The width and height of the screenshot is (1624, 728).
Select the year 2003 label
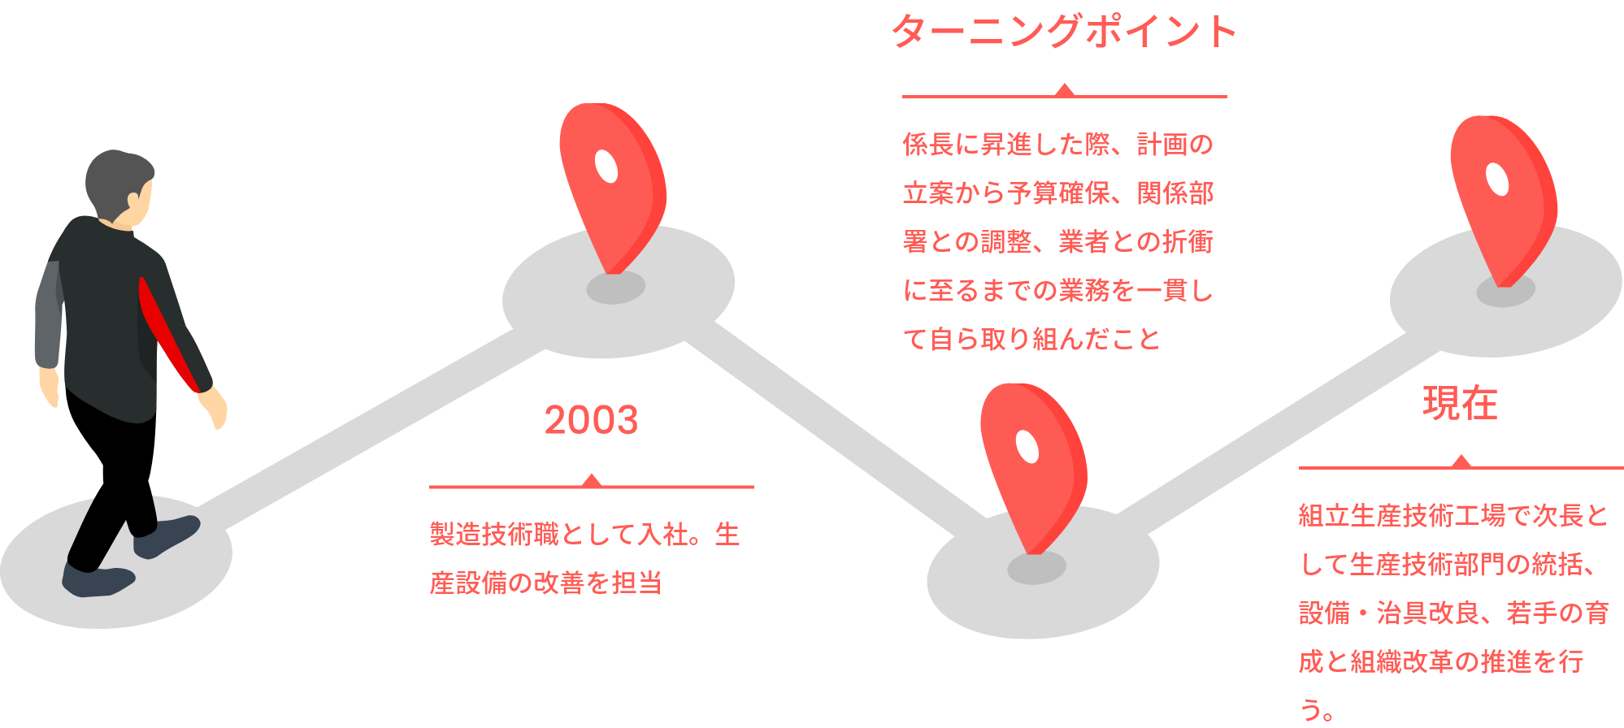click(591, 420)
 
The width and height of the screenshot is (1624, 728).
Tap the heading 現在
click(1460, 403)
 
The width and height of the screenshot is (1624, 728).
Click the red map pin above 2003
click(612, 183)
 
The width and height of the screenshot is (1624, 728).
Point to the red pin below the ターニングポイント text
click(1032, 463)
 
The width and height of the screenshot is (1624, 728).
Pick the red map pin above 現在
click(1503, 195)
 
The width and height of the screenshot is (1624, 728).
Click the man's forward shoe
click(167, 536)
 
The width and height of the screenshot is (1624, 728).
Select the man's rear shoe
click(98, 580)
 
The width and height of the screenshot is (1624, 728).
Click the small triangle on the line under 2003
click(592, 479)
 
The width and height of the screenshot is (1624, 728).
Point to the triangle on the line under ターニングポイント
click(1064, 89)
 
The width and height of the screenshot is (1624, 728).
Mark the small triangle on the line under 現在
click(1461, 461)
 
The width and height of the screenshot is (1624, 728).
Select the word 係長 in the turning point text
click(927, 145)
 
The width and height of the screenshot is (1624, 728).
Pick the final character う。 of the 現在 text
click(1316, 710)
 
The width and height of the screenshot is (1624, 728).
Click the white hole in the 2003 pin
click(606, 167)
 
